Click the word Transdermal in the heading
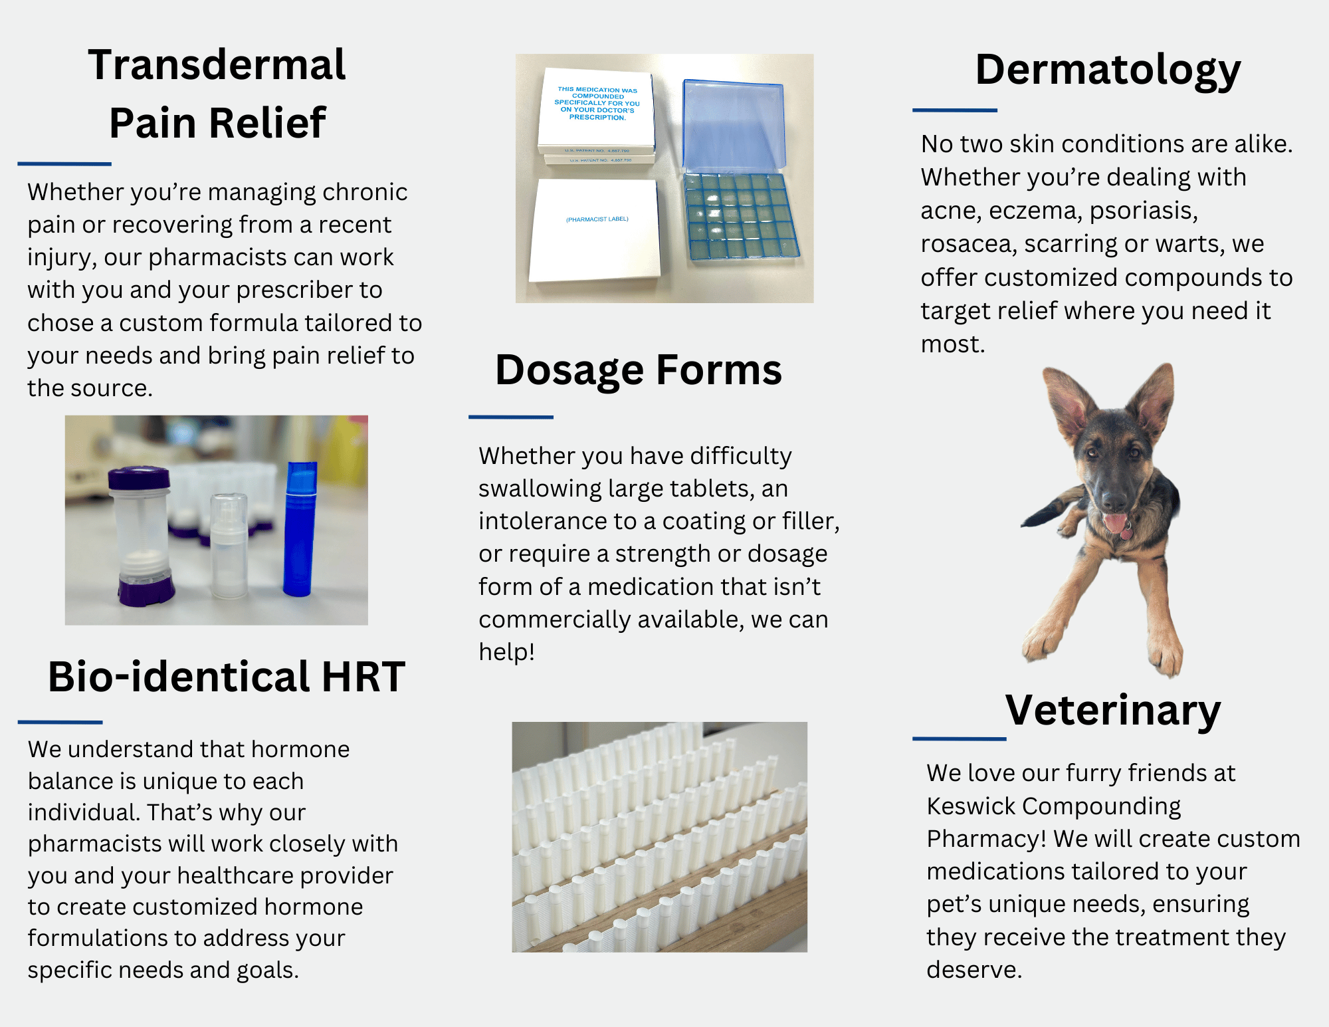point(217,65)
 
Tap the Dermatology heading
point(1108,70)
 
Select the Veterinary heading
point(1113,711)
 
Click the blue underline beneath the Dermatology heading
point(955,110)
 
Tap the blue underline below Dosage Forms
point(511,417)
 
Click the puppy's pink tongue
point(1114,522)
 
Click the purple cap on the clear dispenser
point(139,479)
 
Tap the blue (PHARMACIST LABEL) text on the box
point(597,219)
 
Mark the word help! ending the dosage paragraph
point(506,652)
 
